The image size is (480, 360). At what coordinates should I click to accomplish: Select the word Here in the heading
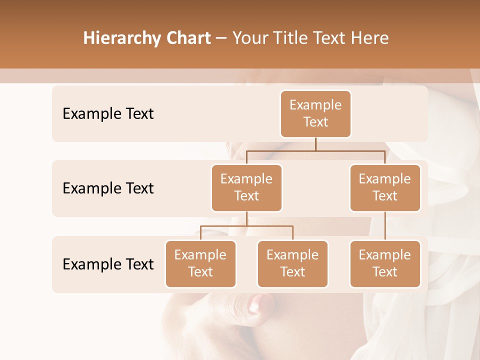(x=370, y=38)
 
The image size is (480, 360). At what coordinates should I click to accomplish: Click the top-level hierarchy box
(x=315, y=114)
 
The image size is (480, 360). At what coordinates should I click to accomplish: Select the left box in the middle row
(x=246, y=188)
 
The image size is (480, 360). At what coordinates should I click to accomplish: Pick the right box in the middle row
(x=385, y=188)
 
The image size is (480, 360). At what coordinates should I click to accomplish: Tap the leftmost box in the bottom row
(x=200, y=264)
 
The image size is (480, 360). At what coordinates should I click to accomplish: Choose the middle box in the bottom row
(x=292, y=264)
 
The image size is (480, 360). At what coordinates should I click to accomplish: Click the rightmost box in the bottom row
(x=385, y=264)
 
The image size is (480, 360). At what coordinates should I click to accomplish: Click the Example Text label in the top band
(x=108, y=114)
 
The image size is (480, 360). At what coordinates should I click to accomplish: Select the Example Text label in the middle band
(x=108, y=188)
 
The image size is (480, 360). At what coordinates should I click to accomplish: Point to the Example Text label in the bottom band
(x=108, y=264)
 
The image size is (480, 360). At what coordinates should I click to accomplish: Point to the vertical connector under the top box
(x=315, y=144)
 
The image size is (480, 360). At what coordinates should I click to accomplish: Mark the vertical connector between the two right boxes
(x=385, y=226)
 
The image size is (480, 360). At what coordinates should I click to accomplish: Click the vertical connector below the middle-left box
(x=246, y=218)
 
